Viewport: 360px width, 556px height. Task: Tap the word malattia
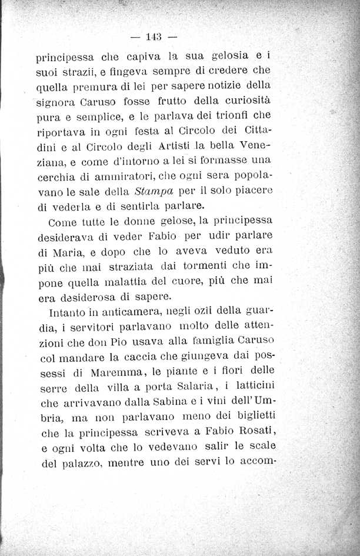point(141,282)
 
